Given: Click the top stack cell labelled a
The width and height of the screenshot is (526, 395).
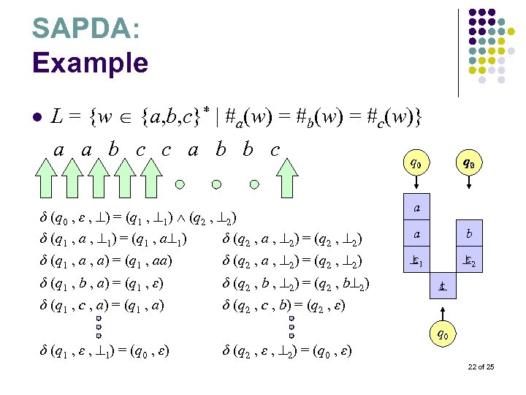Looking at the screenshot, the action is (416, 208).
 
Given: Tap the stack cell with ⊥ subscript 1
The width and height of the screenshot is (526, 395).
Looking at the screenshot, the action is (416, 260).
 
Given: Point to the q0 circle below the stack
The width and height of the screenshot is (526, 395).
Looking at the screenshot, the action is (442, 336).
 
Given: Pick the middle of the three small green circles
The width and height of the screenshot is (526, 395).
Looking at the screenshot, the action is (216, 184).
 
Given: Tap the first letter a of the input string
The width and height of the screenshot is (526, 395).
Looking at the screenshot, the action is (59, 151).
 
